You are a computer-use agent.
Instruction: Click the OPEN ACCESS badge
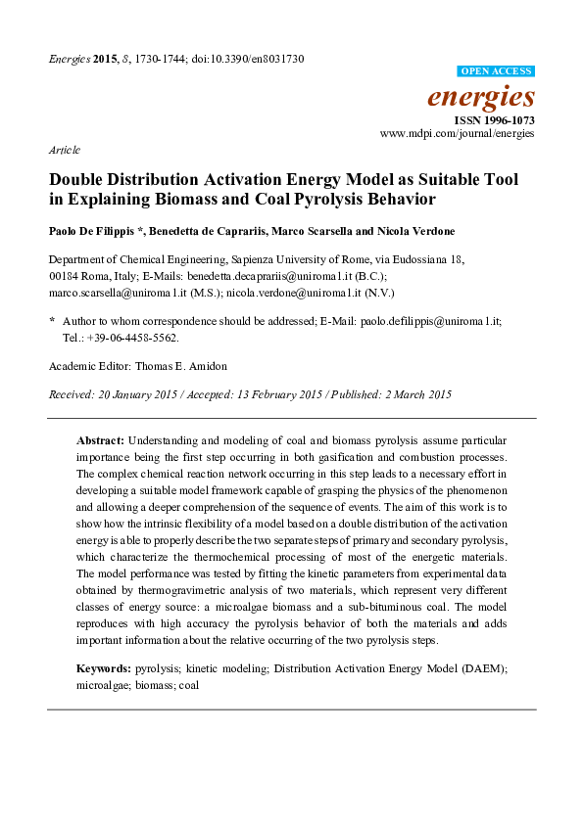[497, 72]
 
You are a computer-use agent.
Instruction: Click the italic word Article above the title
[64, 150]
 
